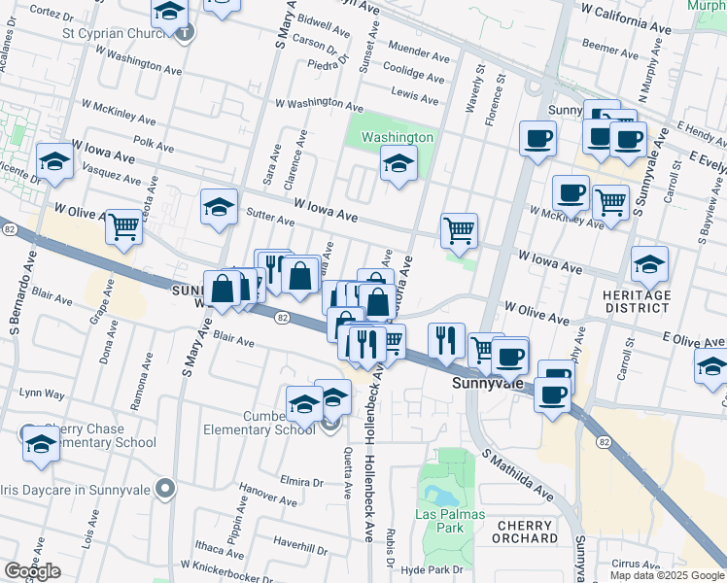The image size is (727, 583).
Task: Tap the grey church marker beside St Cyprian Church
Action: pos(186,32)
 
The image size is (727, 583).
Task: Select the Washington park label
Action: pos(397,137)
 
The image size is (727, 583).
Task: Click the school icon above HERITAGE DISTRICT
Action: pos(649,263)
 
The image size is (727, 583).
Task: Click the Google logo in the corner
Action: pos(32,571)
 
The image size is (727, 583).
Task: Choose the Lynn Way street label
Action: pos(41,394)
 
